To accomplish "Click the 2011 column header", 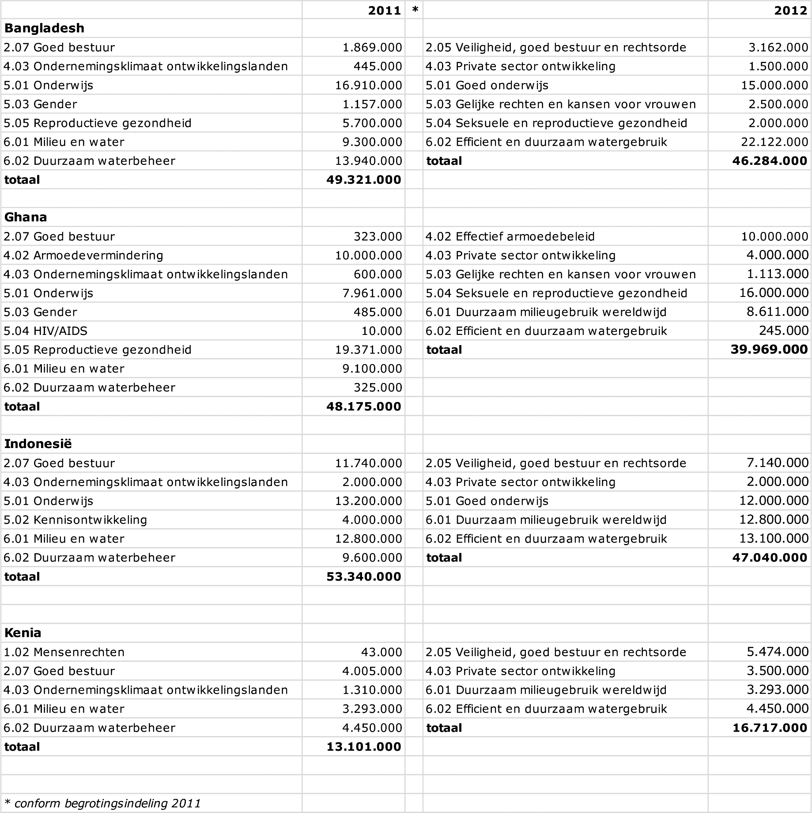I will click(384, 10).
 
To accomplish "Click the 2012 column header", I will click(790, 10).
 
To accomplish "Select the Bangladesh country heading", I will click(44, 28).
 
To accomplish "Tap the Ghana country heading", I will click(26, 217).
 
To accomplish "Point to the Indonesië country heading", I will click(38, 444).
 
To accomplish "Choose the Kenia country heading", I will click(23, 633).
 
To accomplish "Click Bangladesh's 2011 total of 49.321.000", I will click(364, 180).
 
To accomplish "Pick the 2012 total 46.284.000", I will click(770, 161).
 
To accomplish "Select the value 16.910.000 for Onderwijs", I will click(368, 85).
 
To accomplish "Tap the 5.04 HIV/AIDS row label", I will click(45, 331).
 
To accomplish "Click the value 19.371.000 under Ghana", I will click(368, 350).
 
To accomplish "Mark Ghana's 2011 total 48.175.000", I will click(364, 406).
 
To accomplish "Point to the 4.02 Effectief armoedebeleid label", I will click(510, 236).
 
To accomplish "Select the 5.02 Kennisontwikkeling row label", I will click(75, 520).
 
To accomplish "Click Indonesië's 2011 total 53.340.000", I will click(364, 577).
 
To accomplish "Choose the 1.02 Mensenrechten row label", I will click(64, 652).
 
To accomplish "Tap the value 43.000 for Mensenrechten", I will click(381, 652).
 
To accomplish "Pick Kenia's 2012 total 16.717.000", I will click(770, 728).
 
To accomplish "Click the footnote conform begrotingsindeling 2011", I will click(102, 803).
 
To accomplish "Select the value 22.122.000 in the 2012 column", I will click(774, 142).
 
